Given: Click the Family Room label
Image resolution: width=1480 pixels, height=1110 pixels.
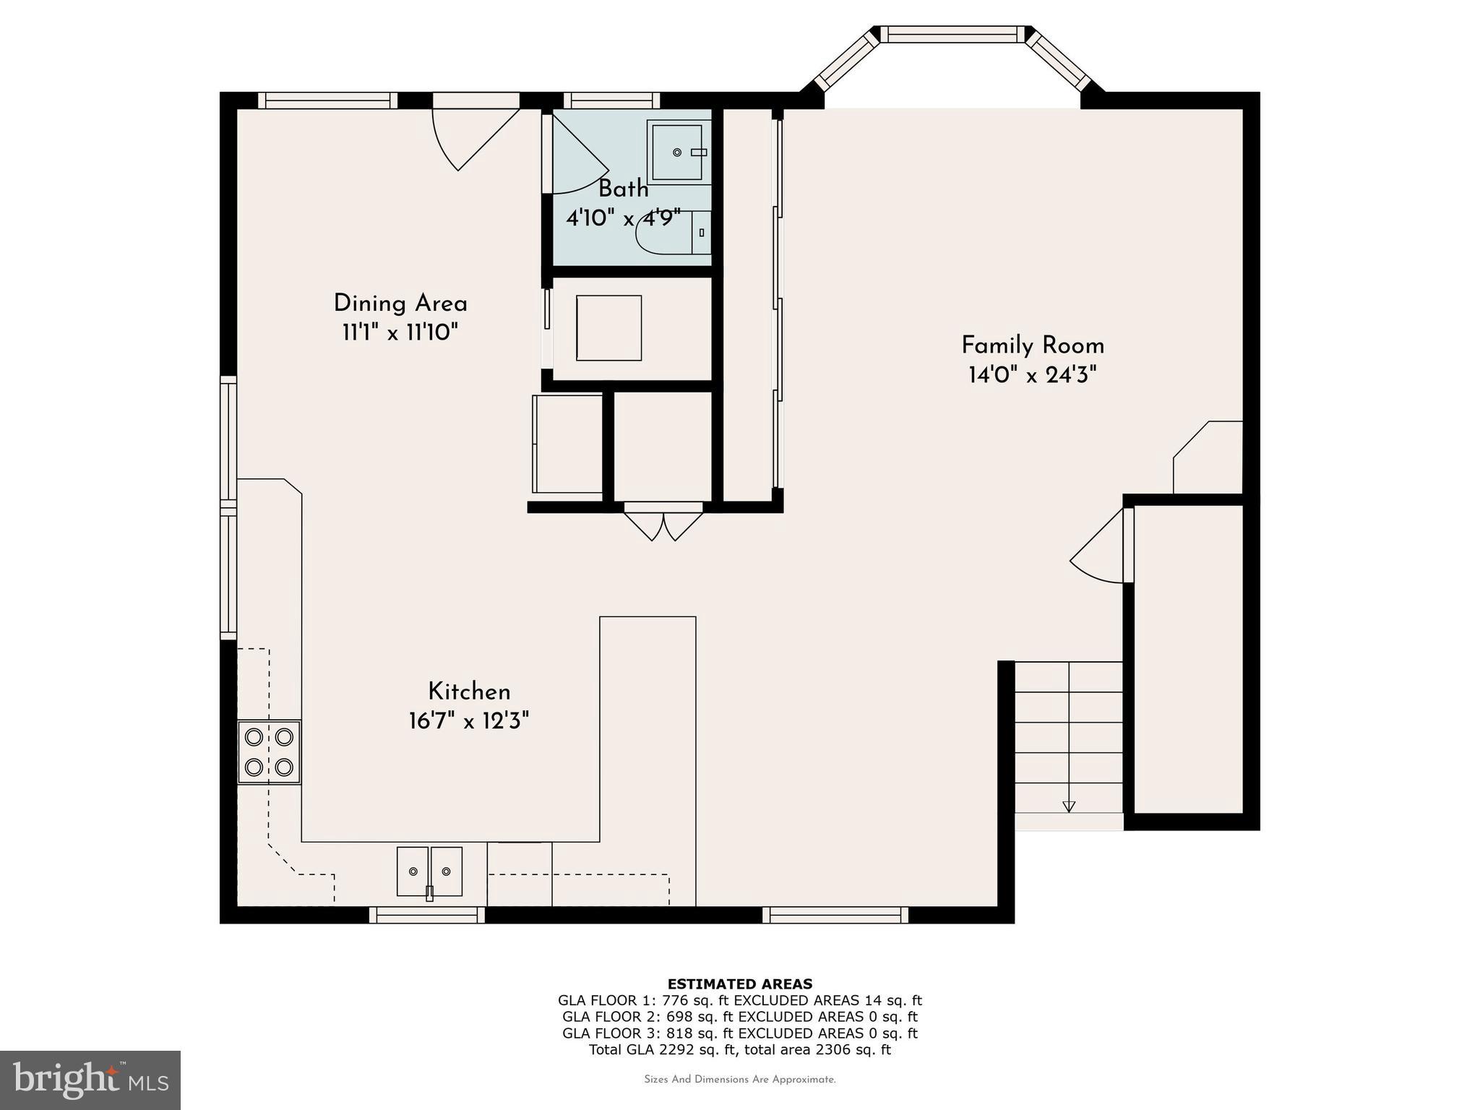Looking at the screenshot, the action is (x=1032, y=345).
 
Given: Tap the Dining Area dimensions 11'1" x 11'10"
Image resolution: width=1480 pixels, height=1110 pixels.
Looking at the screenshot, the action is (x=400, y=333).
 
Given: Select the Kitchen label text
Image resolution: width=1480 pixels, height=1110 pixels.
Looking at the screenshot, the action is (x=469, y=692).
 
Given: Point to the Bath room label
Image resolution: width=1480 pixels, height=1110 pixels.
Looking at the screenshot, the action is (x=623, y=189).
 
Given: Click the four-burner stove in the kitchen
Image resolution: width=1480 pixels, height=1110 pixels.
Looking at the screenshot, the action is (x=269, y=752).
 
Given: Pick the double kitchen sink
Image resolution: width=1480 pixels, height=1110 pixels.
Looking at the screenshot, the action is (x=429, y=872).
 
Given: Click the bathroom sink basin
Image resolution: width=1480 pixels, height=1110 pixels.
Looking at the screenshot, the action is (x=678, y=152).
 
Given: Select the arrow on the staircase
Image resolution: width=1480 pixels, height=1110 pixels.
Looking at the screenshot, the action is (x=1069, y=806).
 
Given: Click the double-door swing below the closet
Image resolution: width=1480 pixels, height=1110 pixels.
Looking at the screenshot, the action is (x=663, y=525).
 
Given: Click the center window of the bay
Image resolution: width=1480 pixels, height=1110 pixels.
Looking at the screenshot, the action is (x=952, y=34).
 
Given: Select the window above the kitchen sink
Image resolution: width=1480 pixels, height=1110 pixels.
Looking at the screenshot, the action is (x=427, y=915).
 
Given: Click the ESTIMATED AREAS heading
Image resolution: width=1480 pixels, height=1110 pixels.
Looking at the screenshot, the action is (x=739, y=984).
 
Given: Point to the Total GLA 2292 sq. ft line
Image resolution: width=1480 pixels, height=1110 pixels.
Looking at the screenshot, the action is (x=739, y=1049).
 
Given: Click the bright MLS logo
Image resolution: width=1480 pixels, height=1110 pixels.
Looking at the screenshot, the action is (x=90, y=1080).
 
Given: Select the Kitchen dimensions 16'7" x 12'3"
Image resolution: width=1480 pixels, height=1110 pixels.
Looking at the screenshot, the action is (x=469, y=721).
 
